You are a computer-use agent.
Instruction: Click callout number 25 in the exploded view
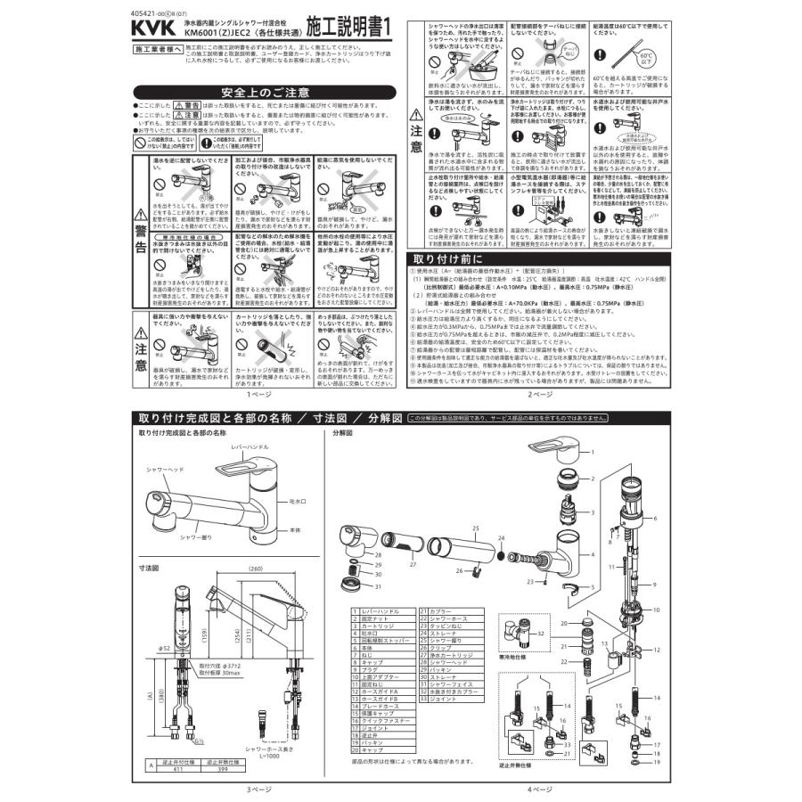[x=477, y=528]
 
